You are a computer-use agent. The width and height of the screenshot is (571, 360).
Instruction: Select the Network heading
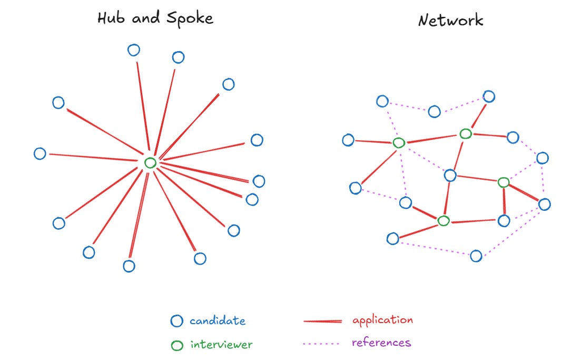450,21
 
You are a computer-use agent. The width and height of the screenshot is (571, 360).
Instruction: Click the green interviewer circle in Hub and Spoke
150,163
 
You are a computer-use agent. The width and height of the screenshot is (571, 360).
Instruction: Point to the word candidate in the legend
218,320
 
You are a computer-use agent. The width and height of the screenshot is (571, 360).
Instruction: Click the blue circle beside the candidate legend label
177,321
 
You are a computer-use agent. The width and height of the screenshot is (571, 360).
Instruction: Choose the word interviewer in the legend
221,345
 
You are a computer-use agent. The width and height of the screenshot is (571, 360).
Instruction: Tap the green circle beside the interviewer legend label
178,346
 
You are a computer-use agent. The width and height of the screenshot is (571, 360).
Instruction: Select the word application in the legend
382,320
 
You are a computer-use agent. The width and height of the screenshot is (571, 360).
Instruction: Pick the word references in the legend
381,343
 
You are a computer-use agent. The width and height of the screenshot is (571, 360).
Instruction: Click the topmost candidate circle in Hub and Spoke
134,50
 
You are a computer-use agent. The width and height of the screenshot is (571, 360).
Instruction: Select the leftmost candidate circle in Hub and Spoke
40,153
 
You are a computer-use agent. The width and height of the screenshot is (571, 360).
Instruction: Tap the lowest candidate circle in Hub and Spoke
129,266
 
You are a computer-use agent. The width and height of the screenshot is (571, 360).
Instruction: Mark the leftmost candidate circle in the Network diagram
348,140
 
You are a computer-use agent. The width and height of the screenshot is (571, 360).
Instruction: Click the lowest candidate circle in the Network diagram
476,256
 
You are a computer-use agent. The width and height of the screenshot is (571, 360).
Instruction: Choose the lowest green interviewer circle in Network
444,221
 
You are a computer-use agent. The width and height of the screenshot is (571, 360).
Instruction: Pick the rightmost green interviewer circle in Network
504,182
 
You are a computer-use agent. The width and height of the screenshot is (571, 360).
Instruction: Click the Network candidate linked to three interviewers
450,176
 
